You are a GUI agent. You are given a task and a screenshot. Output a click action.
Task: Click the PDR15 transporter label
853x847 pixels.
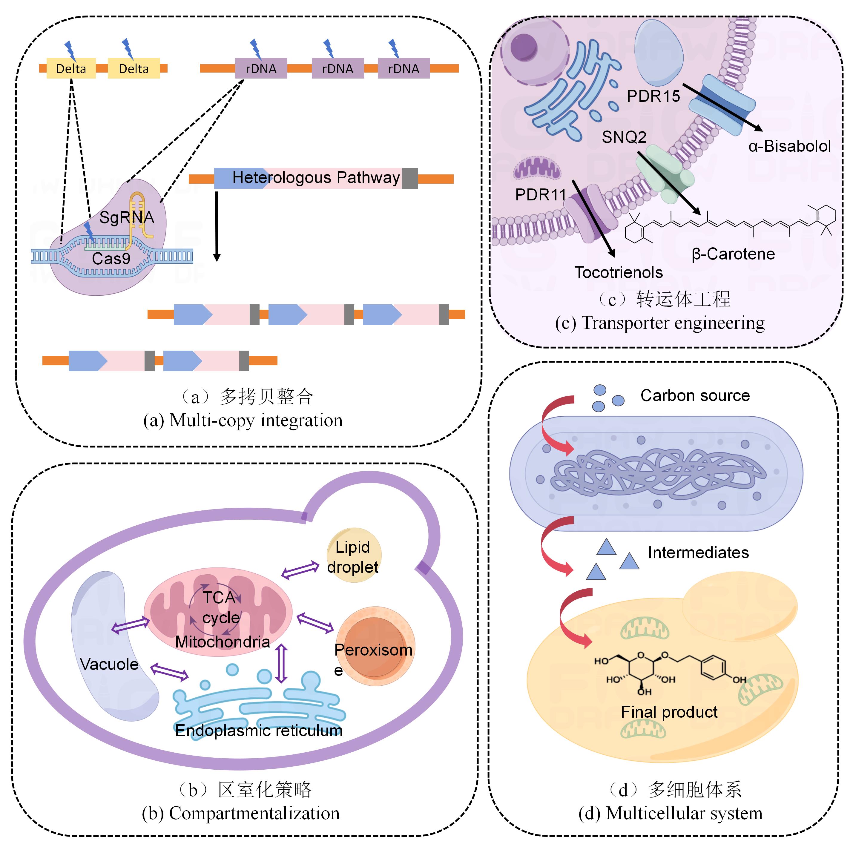tap(653, 96)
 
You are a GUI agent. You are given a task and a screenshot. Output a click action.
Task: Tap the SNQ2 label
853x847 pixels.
tap(624, 137)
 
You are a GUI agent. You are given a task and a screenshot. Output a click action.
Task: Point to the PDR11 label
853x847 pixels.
tap(540, 195)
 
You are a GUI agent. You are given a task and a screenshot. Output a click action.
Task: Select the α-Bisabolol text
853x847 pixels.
tap(789, 146)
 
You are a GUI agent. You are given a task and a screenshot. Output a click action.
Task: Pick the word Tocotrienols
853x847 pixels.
tap(618, 272)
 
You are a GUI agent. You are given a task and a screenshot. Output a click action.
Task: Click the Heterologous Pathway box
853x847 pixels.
tap(316, 178)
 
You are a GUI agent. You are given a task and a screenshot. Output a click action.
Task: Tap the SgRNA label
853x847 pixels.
tap(126, 217)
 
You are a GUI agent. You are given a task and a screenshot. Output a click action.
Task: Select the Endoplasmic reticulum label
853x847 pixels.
tap(259, 731)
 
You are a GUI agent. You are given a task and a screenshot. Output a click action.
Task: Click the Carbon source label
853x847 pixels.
tap(695, 395)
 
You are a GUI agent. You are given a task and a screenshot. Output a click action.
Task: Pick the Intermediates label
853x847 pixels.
tap(698, 553)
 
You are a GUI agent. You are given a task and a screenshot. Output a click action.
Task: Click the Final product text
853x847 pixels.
tap(669, 712)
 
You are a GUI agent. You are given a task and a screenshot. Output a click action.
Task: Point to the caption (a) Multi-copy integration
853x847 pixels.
tap(243, 420)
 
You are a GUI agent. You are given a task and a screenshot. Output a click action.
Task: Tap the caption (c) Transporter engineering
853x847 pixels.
tap(660, 323)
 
